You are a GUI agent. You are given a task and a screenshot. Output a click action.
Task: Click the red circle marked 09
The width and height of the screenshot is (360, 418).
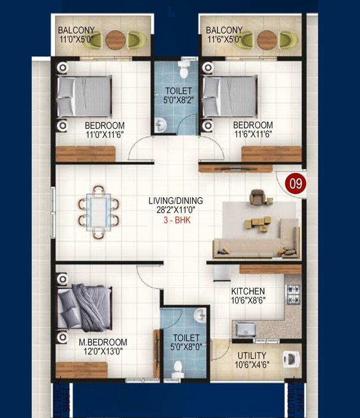pyautogui.click(x=293, y=184)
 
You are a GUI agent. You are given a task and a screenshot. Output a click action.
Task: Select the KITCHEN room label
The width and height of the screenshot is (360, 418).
pyautogui.click(x=247, y=291)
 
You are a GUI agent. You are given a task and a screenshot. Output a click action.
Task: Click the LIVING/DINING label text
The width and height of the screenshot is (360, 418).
pyautogui.click(x=179, y=200)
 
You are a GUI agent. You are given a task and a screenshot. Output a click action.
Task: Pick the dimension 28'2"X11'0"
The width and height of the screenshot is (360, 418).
pyautogui.click(x=179, y=210)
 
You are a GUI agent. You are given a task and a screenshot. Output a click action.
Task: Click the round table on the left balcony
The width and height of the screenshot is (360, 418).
pyautogui.click(x=115, y=39)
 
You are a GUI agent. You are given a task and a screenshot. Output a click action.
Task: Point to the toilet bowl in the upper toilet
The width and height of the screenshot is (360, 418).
pyautogui.click(x=184, y=71)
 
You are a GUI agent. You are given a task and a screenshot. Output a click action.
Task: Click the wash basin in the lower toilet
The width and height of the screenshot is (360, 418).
pyautogui.click(x=201, y=317)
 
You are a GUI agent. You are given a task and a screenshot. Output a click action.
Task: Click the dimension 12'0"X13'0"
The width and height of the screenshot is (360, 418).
pyautogui.click(x=102, y=352)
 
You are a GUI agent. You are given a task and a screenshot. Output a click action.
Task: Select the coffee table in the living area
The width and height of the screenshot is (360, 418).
pyautogui.click(x=256, y=223)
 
